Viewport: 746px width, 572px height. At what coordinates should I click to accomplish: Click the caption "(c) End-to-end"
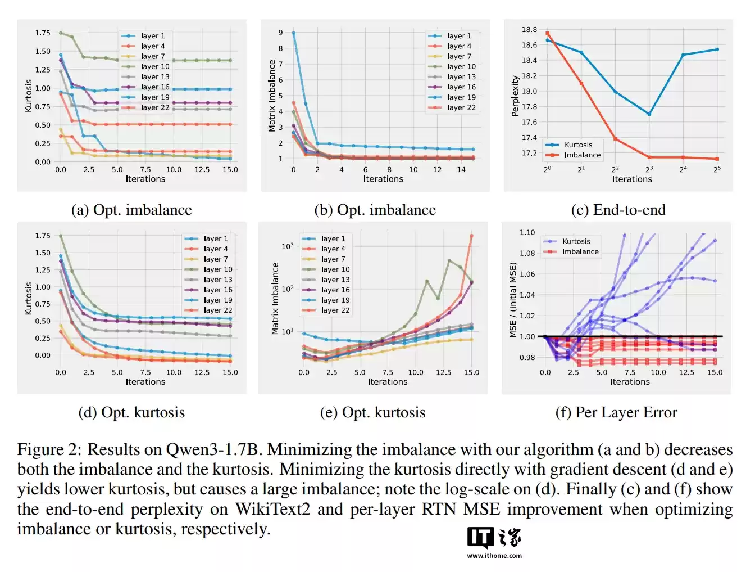pos(618,210)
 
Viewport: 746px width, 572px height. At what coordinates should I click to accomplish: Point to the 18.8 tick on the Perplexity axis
pos(529,29)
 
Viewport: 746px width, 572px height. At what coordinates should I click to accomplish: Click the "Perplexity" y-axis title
pos(515,96)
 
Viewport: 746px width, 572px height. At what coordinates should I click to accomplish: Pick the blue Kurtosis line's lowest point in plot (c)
pos(649,114)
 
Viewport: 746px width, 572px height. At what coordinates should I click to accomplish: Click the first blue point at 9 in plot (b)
pos(293,33)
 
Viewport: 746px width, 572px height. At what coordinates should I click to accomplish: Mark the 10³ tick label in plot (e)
pos(288,246)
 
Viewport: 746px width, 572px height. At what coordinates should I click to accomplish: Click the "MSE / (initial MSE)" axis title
pos(513,300)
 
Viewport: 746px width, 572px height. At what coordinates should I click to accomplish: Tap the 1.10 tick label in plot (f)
pos(527,232)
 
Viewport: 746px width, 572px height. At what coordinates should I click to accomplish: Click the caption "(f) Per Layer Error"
pos(616,412)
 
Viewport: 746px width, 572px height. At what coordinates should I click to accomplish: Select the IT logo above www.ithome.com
pos(480,538)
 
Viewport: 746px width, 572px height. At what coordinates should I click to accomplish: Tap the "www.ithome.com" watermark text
pos(494,556)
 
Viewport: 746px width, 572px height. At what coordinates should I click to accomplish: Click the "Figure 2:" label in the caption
pos(49,449)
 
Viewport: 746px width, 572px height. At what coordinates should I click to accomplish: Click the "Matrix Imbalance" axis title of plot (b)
pos(272,96)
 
